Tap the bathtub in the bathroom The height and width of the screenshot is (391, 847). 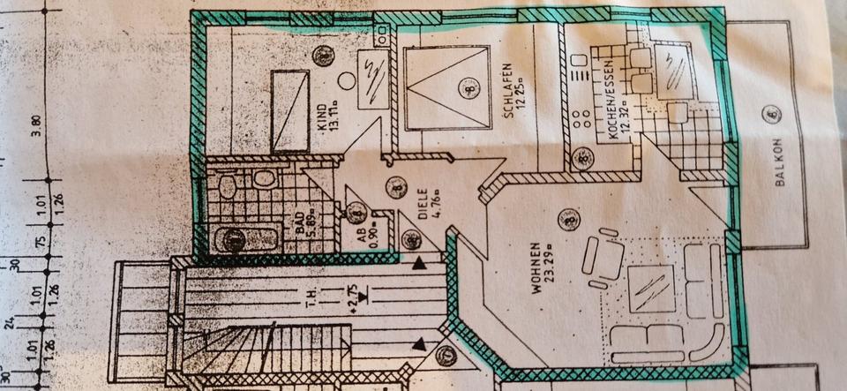pyautogui.click(x=235, y=237)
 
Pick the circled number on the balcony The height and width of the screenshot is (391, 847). pyautogui.click(x=774, y=112)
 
